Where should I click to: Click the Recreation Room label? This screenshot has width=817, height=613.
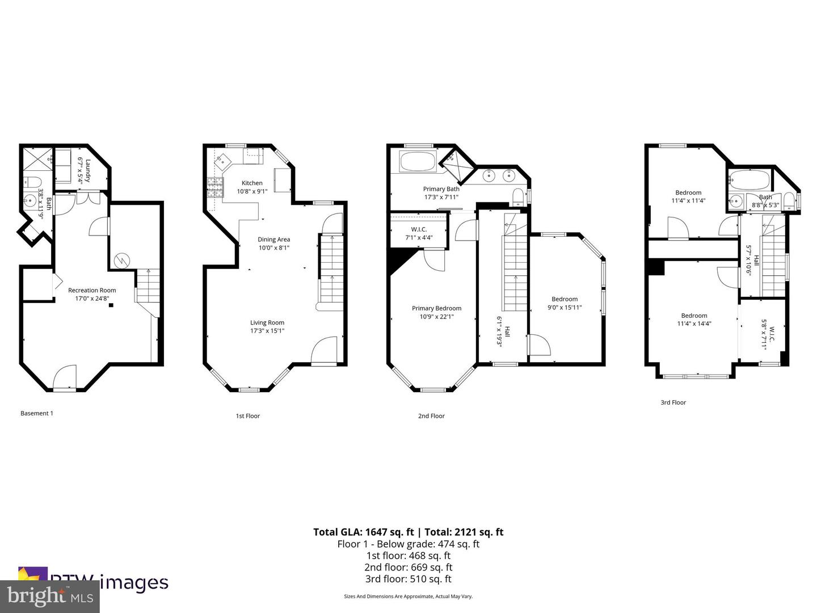coord(92,294)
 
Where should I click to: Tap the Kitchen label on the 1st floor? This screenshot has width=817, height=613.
coord(252,187)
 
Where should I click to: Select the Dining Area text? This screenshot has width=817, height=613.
coord(274,243)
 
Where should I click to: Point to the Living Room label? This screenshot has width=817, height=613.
coord(267,326)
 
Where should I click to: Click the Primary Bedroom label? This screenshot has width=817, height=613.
coord(436,312)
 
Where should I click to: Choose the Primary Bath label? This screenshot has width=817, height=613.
coord(441,193)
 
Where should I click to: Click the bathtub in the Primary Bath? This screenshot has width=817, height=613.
coord(418,162)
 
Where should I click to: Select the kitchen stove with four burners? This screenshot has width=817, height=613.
coord(215,187)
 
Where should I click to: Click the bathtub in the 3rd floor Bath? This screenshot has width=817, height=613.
coord(749,180)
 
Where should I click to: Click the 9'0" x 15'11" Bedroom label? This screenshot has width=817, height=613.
coord(565,303)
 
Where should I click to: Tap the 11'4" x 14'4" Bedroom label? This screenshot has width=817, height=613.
coord(694,320)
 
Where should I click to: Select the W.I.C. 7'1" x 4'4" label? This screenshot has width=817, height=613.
coord(419,233)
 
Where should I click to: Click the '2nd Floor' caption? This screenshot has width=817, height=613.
coord(431,416)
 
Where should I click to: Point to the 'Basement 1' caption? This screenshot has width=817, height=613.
coord(37,413)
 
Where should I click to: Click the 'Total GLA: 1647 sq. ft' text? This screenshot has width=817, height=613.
coord(363,532)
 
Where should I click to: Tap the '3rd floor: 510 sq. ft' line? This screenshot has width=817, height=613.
coord(408,579)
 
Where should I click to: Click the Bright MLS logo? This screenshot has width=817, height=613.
coord(49,597)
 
